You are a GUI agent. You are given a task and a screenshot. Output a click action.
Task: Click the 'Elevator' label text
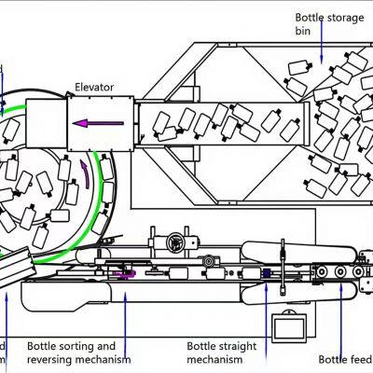click(94, 88)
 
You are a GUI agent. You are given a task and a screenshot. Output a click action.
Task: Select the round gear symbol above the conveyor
click(173, 243)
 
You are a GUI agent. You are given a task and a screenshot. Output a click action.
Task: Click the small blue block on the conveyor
click(265, 273)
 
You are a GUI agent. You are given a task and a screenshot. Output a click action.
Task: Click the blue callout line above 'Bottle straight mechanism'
click(267, 308)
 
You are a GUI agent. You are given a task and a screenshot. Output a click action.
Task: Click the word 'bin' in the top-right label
click(304, 30)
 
